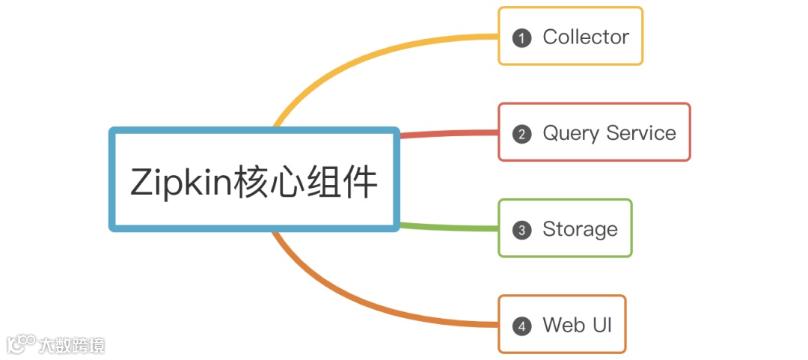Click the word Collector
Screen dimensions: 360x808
coord(586,37)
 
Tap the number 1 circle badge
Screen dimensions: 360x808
coord(521,37)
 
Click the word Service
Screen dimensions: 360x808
coord(641,133)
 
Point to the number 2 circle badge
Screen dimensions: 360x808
coord(521,134)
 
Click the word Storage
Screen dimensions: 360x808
coord(580,229)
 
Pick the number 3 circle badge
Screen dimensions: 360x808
coord(521,230)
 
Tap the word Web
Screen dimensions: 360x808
coord(563,325)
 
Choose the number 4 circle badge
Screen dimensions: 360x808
coord(521,326)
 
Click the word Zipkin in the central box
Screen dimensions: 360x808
coord(180,183)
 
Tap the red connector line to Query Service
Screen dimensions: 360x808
coord(449,134)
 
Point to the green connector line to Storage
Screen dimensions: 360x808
coord(449,227)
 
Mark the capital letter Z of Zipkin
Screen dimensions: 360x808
coord(141,183)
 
